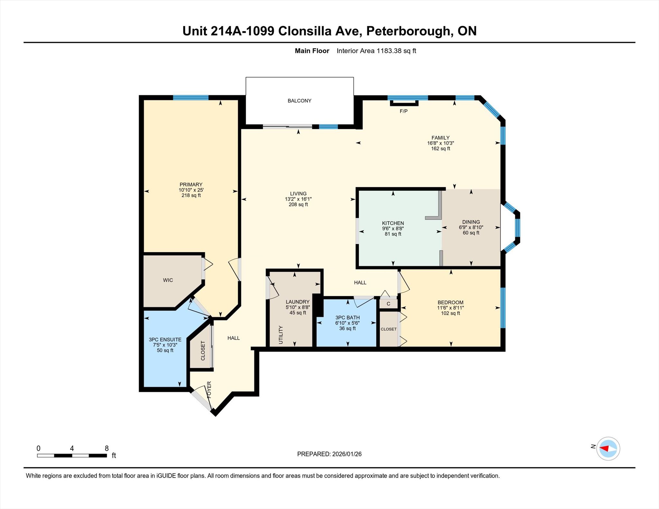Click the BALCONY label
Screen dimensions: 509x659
299,101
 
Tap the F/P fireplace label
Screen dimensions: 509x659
404,111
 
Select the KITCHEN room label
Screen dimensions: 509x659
393,223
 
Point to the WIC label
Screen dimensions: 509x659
168,280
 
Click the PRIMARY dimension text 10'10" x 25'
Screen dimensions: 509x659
191,190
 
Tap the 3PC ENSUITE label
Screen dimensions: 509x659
165,340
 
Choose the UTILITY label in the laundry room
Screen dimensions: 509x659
281,335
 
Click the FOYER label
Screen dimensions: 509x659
209,390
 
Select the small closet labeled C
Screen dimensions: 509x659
388,304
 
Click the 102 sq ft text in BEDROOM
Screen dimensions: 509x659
450,313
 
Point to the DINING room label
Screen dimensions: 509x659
471,222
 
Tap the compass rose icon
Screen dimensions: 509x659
608,448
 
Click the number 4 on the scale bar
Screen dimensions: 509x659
72,448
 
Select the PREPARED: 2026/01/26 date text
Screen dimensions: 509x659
329,454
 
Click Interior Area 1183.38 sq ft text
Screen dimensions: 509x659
376,51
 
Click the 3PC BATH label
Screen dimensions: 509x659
347,317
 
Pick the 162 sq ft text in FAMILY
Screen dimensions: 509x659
440,149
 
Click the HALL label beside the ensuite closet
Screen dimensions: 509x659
233,338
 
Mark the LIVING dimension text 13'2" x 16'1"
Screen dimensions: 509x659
298,199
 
